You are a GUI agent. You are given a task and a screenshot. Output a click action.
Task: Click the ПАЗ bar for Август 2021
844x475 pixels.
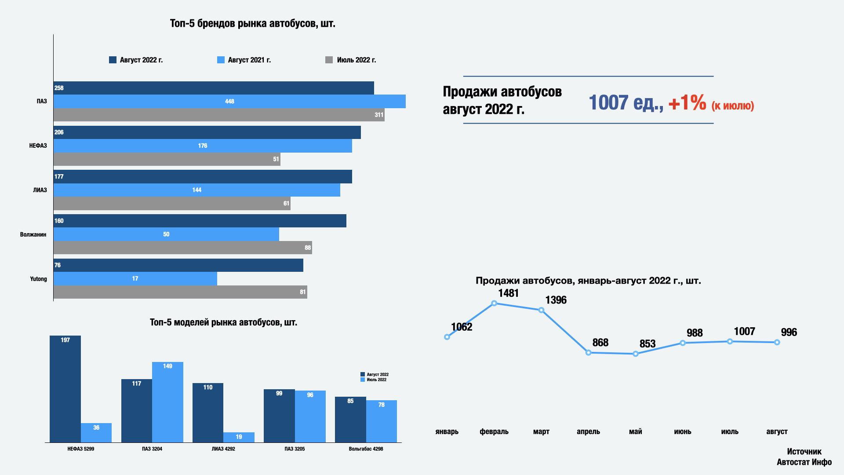coord(229,101)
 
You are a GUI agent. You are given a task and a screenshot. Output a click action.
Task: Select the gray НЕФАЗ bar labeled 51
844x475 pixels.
coord(167,159)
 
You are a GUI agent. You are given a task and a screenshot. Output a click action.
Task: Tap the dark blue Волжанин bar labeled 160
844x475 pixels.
coord(200,221)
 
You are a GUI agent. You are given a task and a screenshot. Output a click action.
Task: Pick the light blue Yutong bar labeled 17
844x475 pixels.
coord(135,278)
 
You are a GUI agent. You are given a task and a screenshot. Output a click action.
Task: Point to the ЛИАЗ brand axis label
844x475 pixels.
coord(40,190)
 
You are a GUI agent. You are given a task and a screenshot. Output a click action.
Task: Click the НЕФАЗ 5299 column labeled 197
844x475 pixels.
coord(65,389)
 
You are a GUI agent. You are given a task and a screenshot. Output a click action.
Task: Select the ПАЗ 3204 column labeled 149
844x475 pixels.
coord(167,402)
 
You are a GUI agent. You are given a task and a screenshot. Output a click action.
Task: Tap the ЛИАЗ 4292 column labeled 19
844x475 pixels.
coord(239,437)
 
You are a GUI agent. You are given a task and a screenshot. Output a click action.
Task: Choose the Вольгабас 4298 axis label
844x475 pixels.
coord(366,449)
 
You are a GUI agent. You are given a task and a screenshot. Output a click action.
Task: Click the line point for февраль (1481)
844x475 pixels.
coord(494,303)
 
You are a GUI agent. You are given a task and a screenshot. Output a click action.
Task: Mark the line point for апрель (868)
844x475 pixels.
coord(588,353)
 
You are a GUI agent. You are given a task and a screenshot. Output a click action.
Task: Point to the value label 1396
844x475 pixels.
coord(556,300)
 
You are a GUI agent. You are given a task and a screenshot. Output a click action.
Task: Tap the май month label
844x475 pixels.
coord(635,431)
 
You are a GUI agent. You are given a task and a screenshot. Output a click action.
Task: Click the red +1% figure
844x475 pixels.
coord(687,103)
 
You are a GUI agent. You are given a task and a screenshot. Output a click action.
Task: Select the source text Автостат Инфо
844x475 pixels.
coord(804,462)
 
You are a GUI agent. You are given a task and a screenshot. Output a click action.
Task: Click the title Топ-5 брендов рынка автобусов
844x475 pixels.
coord(252,23)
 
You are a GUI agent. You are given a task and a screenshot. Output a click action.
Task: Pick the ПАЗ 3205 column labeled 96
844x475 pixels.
coord(310,416)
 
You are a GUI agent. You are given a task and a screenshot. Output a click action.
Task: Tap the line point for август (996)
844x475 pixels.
coord(777,342)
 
